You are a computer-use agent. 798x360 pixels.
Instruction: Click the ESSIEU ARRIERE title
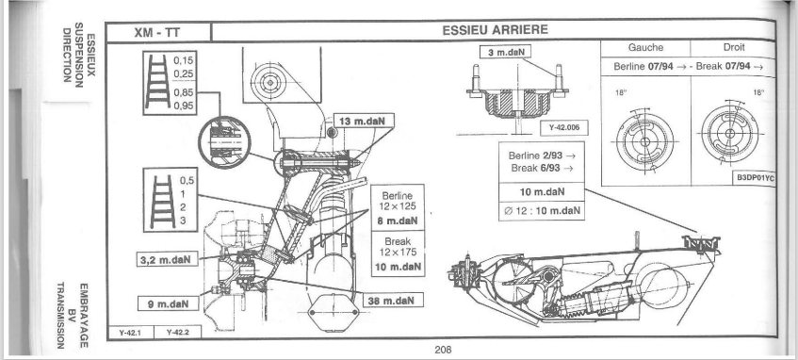496,30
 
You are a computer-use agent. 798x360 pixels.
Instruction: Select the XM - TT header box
157,32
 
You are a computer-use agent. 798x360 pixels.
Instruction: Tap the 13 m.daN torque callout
364,122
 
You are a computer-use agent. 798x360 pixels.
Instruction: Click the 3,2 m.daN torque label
168,258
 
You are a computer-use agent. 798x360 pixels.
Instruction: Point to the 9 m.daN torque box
168,304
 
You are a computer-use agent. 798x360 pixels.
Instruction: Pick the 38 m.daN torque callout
394,301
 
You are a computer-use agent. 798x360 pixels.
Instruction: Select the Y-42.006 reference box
564,128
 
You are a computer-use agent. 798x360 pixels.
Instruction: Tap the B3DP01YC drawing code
756,179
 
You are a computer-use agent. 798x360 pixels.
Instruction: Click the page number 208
443,350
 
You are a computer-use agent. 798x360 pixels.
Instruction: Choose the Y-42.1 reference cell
130,333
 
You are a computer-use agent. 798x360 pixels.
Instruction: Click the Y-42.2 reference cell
177,333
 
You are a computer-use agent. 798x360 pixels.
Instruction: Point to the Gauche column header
645,47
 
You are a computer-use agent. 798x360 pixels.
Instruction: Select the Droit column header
733,47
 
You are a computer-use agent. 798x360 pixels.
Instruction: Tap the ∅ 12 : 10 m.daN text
542,211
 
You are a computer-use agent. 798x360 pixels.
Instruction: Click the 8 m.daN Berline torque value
398,221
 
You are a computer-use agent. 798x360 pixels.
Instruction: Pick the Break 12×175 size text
398,247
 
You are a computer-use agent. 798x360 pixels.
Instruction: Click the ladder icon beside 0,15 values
157,82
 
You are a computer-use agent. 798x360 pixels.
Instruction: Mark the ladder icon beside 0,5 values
163,201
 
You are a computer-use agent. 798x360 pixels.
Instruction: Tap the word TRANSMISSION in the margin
60,316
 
